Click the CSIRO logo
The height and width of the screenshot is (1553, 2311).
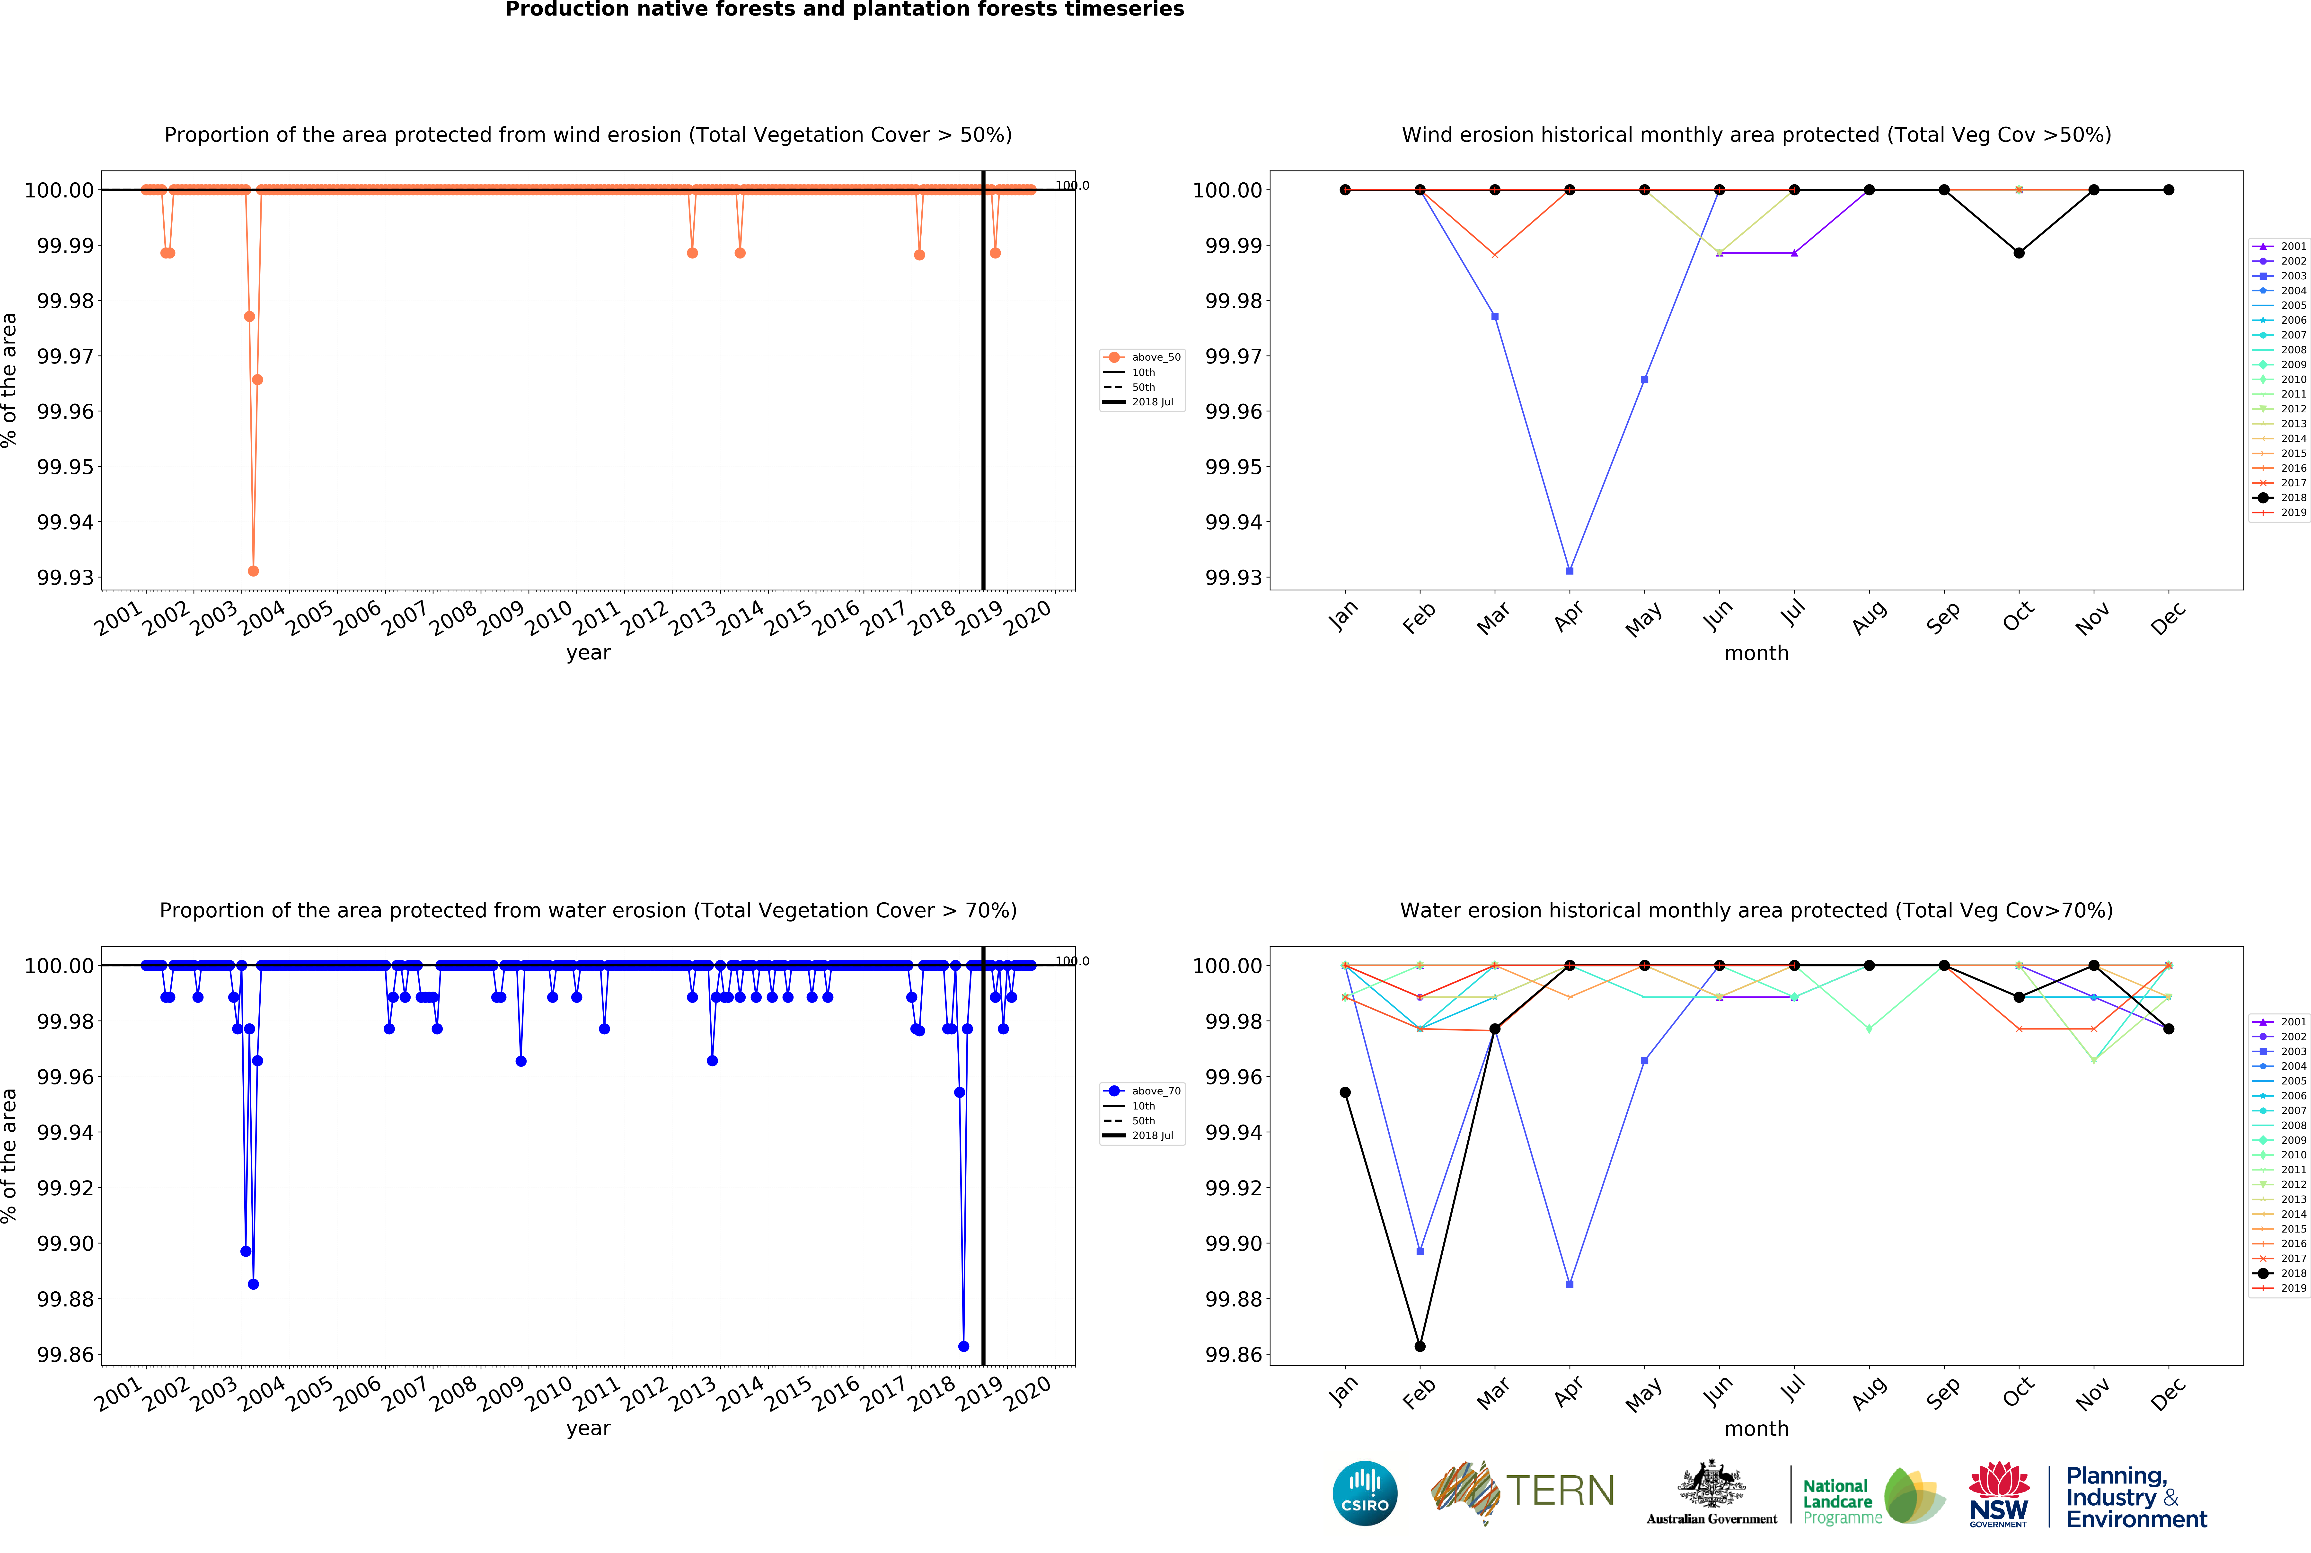coord(1364,1493)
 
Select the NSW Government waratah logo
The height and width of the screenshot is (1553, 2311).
coord(1998,1493)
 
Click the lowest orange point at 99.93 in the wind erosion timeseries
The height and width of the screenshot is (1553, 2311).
coord(254,570)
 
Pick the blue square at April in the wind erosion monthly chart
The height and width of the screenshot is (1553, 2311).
coord(1569,570)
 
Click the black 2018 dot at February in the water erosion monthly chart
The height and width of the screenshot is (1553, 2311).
coord(1420,1346)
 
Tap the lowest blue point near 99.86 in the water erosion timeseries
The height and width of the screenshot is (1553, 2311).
coord(963,1346)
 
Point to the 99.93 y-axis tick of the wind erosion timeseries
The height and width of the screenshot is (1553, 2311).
coord(65,577)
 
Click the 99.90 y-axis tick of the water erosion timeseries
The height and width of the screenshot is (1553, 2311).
coord(65,1243)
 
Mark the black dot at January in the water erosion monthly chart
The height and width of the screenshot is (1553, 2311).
coord(1345,1092)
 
